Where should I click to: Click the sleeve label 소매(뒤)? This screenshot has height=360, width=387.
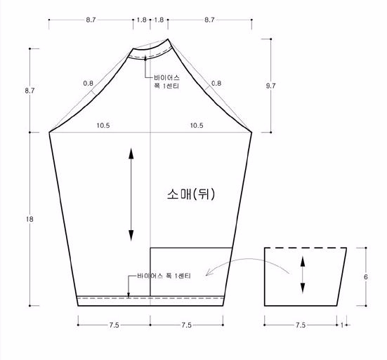pos(191,194)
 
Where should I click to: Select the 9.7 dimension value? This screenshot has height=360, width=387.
pos(270,86)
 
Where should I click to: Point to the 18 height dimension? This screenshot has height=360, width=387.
pos(29,219)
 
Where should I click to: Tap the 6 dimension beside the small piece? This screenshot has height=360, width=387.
pos(366,277)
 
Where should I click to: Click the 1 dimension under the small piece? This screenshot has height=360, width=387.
pos(342,325)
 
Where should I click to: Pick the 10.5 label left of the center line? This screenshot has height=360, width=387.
pos(103,126)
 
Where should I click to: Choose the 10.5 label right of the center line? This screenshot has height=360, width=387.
pos(197,126)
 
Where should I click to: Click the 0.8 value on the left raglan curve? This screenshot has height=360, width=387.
pos(88,84)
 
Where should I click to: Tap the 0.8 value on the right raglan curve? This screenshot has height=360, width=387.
pos(216,84)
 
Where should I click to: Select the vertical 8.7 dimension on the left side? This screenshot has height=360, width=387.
pos(29,91)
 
